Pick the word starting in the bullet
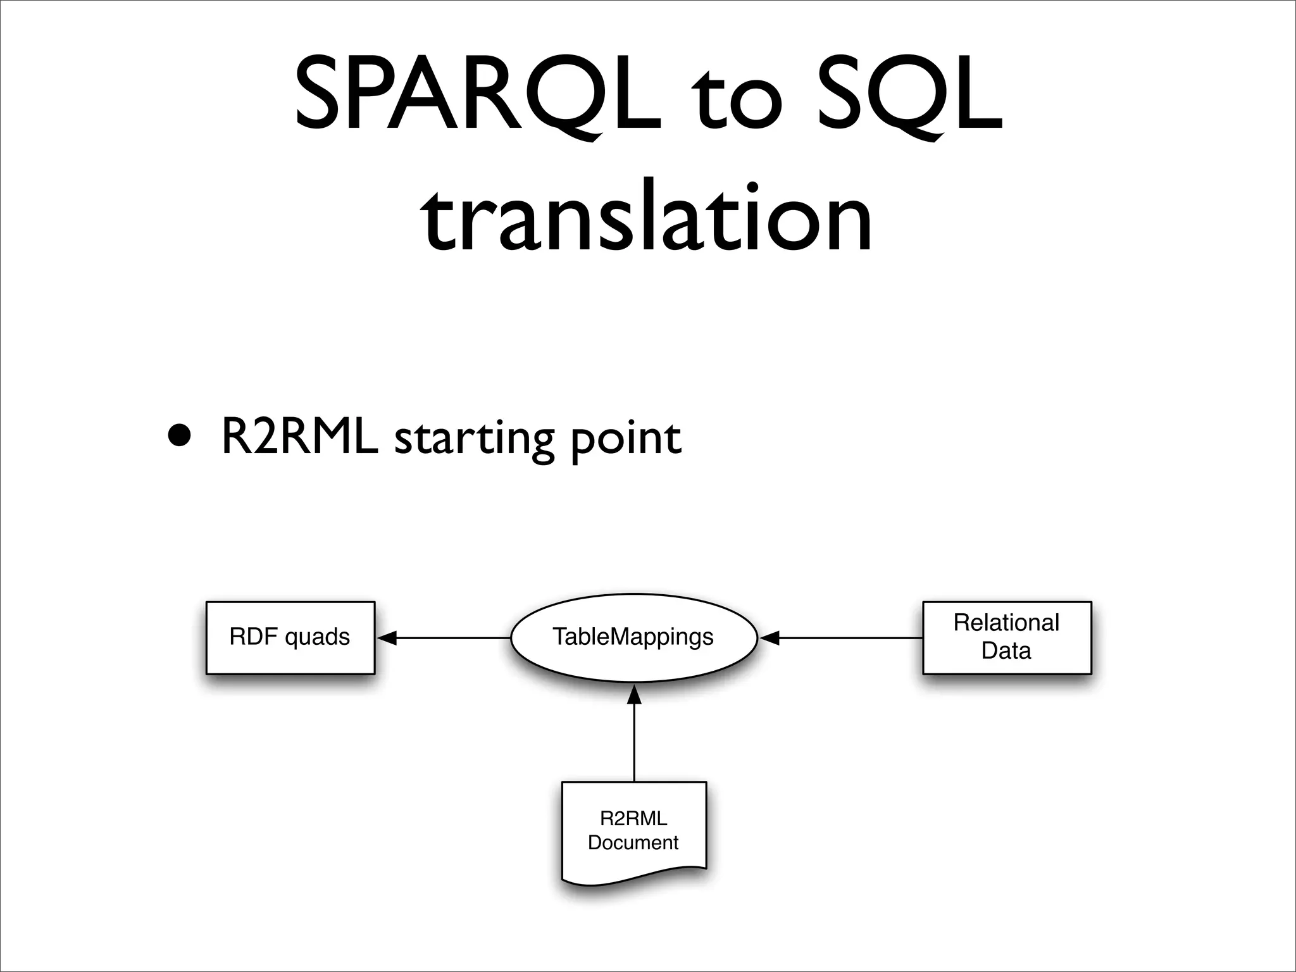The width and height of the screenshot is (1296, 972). click(474, 440)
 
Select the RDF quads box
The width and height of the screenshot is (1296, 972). click(290, 637)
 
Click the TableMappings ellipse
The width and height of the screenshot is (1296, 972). click(633, 637)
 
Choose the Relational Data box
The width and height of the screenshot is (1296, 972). click(1007, 637)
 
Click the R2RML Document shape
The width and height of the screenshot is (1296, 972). click(633, 830)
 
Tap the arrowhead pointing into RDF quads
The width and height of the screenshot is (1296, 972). click(387, 638)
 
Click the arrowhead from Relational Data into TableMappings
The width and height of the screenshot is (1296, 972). click(768, 638)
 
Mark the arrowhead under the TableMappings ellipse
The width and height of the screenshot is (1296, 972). click(634, 694)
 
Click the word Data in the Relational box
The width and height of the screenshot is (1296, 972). click(1006, 651)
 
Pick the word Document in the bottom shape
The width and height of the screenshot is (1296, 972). click(633, 842)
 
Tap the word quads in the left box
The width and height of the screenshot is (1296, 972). click(317, 637)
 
